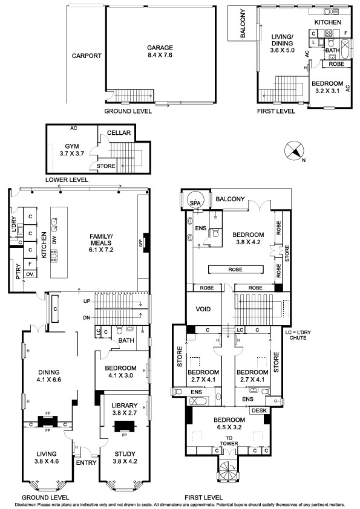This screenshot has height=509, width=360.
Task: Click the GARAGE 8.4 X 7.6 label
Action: (x=160, y=51)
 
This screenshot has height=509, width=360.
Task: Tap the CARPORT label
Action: (x=87, y=56)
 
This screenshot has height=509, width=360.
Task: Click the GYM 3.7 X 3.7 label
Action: (x=71, y=150)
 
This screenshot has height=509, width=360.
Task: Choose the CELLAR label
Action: (x=119, y=133)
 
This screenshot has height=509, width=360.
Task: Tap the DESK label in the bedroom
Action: (x=259, y=410)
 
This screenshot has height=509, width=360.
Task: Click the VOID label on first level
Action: (x=203, y=310)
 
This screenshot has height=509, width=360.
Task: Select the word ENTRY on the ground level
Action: (x=86, y=462)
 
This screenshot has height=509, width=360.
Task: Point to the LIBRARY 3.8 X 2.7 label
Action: (x=125, y=409)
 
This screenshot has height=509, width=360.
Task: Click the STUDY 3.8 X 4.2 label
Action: (x=125, y=458)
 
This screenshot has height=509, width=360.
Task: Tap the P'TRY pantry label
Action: (x=18, y=271)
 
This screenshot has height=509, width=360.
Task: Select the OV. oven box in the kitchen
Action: (x=30, y=274)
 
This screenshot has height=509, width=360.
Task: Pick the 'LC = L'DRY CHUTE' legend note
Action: (x=298, y=335)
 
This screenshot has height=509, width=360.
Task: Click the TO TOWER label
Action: (x=229, y=441)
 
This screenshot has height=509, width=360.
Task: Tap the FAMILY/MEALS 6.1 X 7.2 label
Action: (x=102, y=243)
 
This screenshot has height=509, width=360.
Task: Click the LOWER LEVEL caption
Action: (x=67, y=180)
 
